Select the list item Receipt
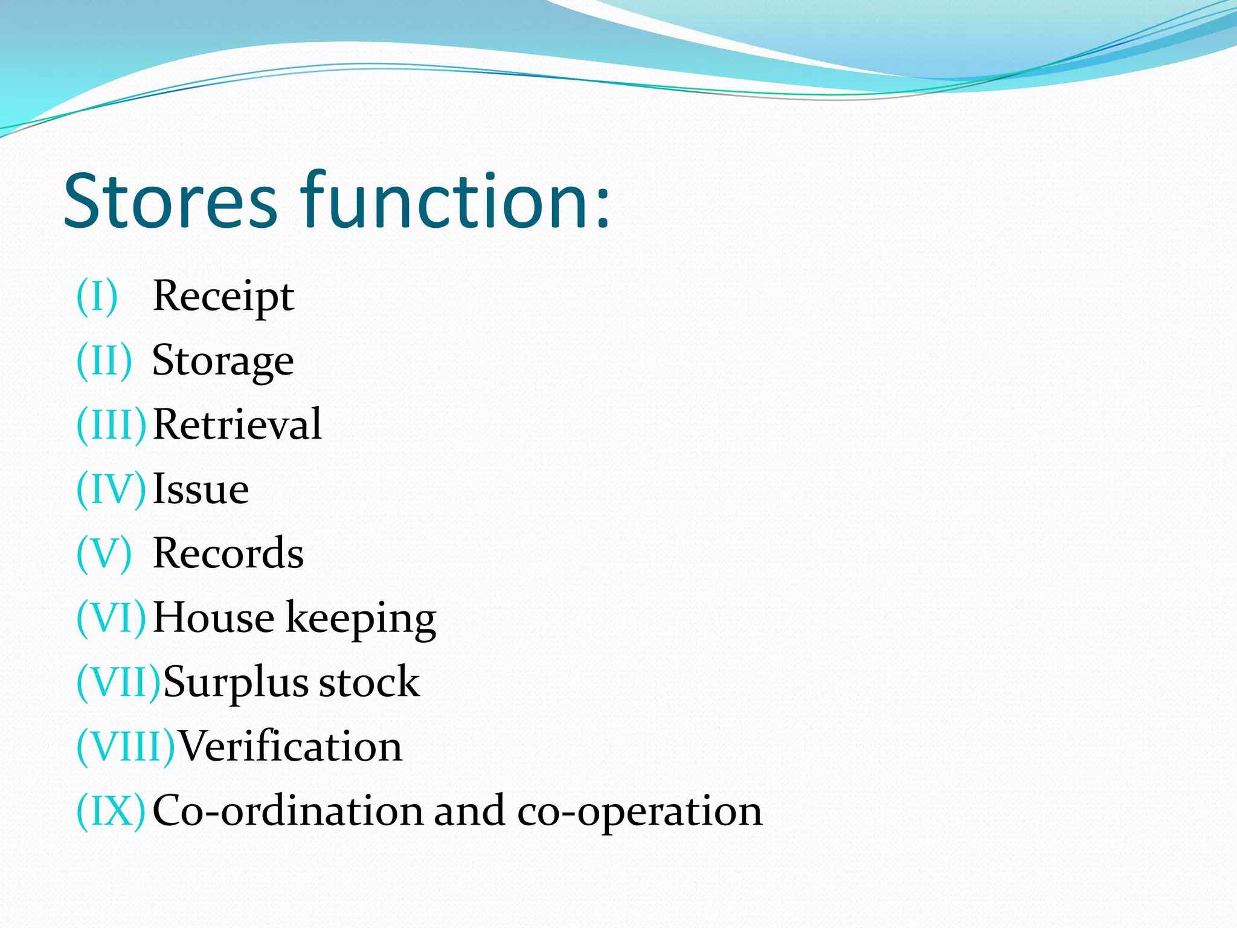click(x=223, y=297)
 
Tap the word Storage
click(x=223, y=361)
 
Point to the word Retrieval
click(x=237, y=424)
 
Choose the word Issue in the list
click(x=201, y=489)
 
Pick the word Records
click(x=228, y=553)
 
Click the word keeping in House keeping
click(x=361, y=619)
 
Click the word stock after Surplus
click(x=369, y=682)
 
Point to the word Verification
click(x=291, y=746)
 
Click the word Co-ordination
click(x=288, y=811)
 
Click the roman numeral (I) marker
click(x=97, y=297)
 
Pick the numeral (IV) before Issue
click(x=111, y=489)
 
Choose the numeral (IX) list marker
click(x=111, y=811)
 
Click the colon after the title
click(x=602, y=209)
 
